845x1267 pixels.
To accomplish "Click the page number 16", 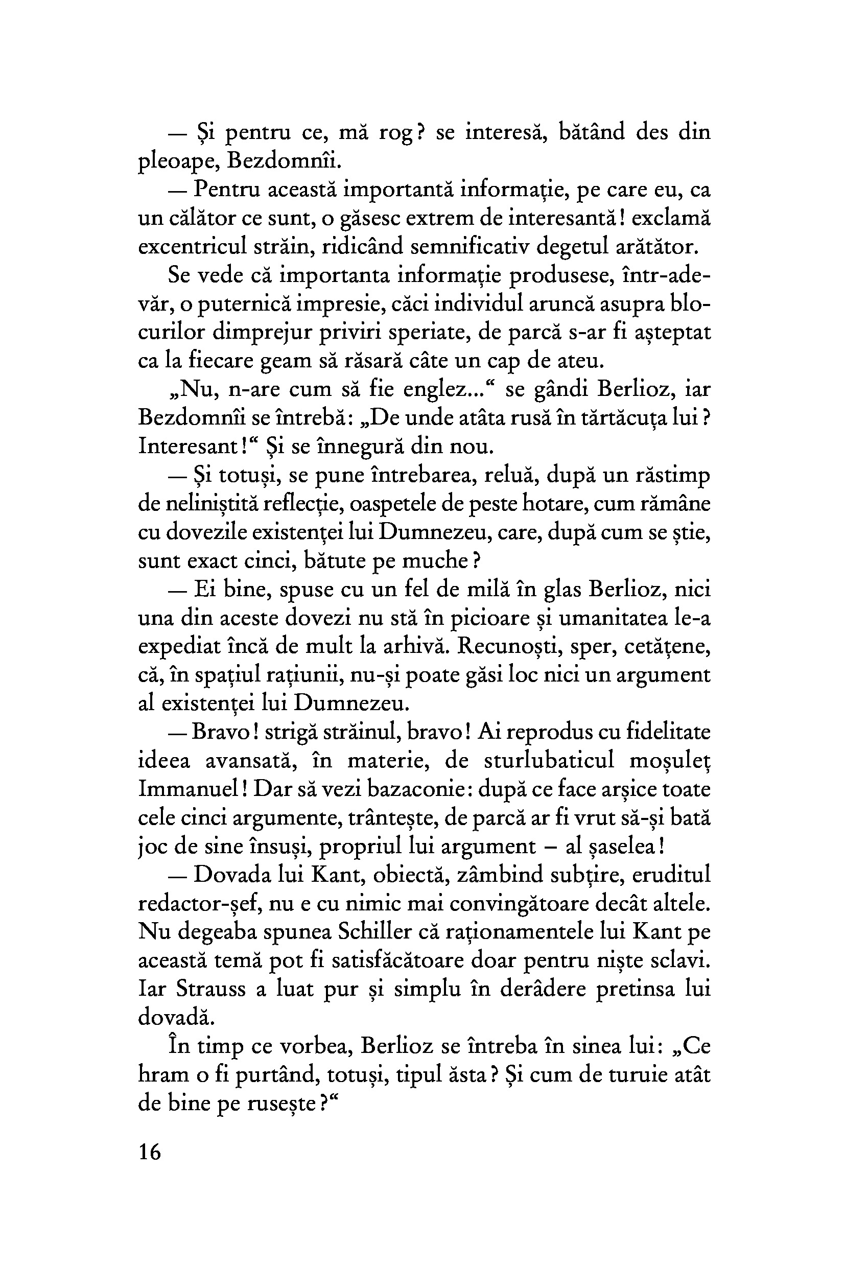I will pyautogui.click(x=150, y=1152).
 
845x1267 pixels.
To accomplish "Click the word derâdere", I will pyautogui.click(x=528, y=989).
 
